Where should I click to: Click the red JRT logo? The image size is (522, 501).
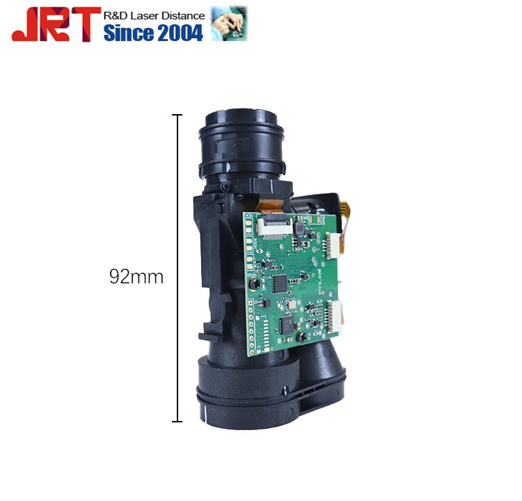click(52, 24)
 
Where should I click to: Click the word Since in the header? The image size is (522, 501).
click(127, 32)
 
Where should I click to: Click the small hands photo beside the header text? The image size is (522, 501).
click(229, 23)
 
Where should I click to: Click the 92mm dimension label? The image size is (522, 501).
click(136, 277)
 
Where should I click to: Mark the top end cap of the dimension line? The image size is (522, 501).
click(177, 115)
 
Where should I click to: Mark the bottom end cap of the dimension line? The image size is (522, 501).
click(177, 421)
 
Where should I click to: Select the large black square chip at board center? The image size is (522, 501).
click(281, 283)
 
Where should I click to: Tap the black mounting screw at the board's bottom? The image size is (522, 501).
click(299, 337)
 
